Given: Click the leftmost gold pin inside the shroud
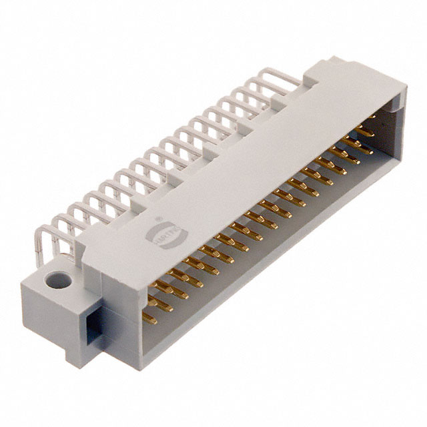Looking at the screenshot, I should pyautogui.click(x=150, y=319).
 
